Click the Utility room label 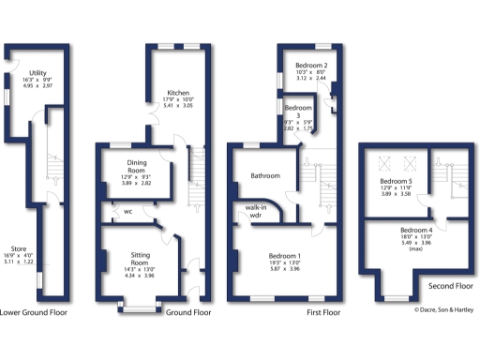coord(38,71)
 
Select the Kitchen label coord(179,93)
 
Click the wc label coord(127,211)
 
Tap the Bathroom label coord(265,175)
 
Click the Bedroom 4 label coord(416,230)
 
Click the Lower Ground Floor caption coord(33,312)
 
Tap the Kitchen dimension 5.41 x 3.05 coord(179,107)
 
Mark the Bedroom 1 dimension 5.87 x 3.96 coord(281,271)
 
